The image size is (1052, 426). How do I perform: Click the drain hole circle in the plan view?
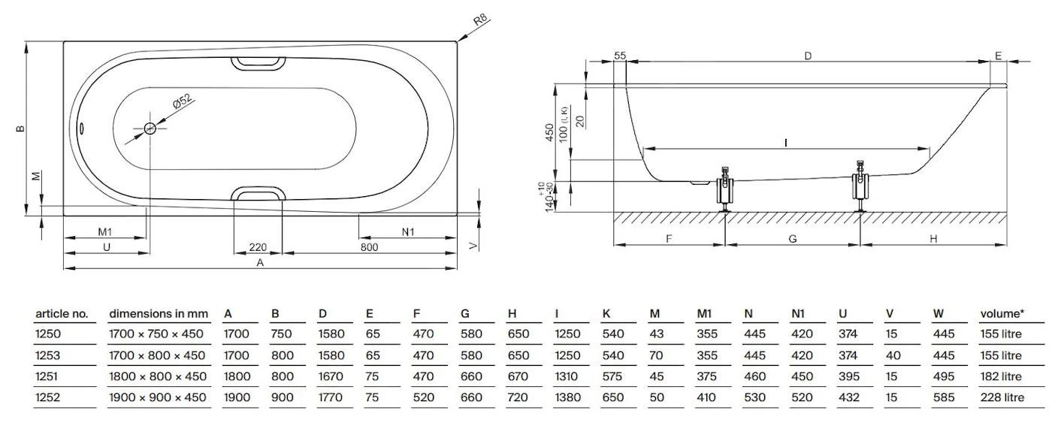point(150,128)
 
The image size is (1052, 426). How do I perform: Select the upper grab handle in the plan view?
point(257,64)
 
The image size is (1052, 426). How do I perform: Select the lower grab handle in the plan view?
point(257,195)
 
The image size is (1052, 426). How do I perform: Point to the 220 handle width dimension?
point(258,247)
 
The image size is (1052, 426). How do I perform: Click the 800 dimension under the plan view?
point(369,247)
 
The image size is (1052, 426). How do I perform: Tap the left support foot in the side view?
point(725,189)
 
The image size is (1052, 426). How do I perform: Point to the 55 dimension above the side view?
point(620,56)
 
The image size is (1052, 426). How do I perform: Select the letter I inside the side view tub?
point(786,141)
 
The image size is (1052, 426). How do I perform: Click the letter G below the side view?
point(792,239)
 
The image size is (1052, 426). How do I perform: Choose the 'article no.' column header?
point(62,313)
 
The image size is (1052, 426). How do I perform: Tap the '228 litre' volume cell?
point(1001,397)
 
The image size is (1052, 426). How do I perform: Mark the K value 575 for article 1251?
point(613,376)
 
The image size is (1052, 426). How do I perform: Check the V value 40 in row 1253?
point(891,355)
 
